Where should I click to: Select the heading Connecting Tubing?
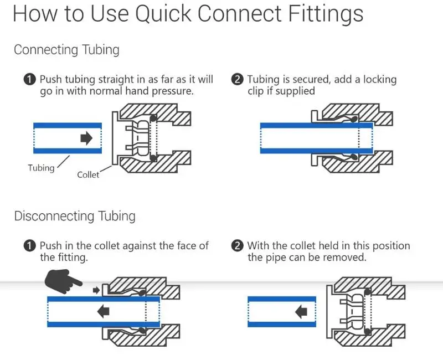[x=66, y=50]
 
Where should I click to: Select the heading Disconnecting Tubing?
[x=75, y=215]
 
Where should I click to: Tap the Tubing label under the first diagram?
[x=41, y=168]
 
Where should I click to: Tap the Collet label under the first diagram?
[x=88, y=175]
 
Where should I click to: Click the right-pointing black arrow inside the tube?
[x=86, y=138]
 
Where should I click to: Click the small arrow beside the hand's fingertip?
[x=96, y=290]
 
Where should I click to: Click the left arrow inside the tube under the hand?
[x=103, y=311]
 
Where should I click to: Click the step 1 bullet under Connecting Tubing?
[x=30, y=80]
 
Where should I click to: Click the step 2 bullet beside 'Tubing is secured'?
[x=238, y=80]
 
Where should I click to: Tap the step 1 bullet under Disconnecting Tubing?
[x=30, y=245]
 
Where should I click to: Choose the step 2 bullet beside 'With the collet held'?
[x=238, y=245]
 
